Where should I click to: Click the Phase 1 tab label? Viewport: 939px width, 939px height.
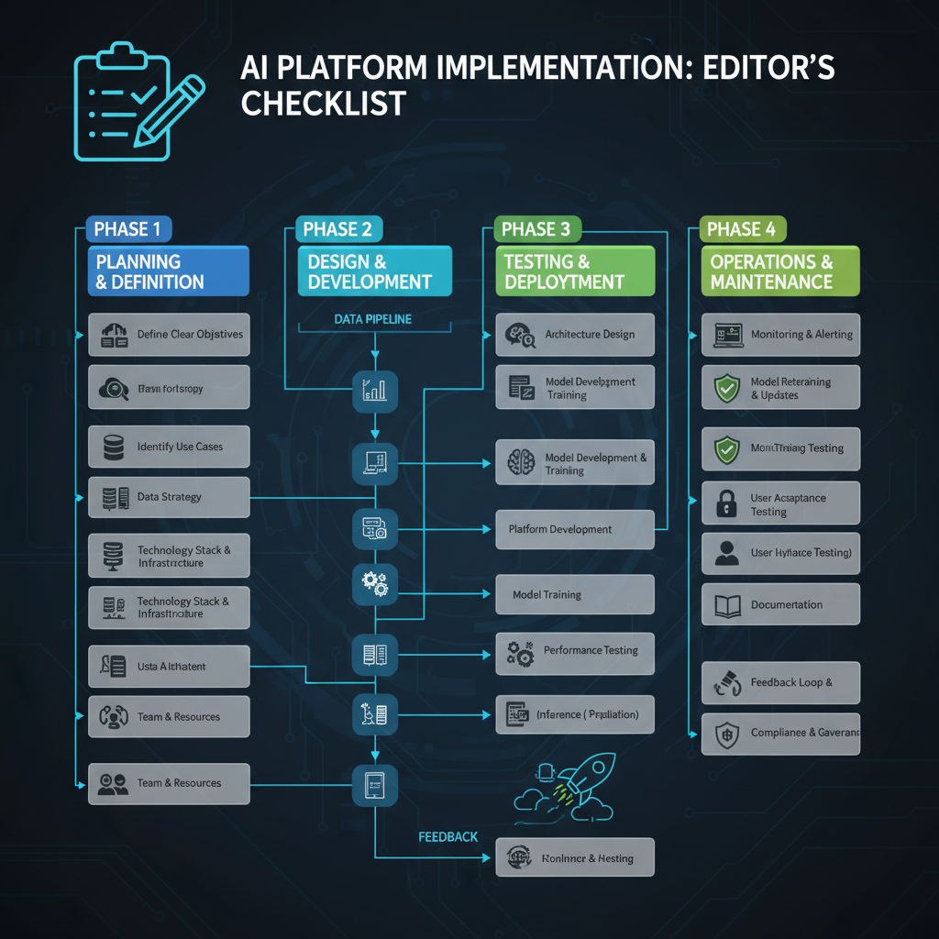pyautogui.click(x=127, y=229)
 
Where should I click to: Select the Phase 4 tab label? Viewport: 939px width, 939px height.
pyautogui.click(x=743, y=229)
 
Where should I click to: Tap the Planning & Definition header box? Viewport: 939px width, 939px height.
pyautogui.click(x=168, y=272)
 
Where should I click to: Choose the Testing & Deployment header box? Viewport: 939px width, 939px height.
pyautogui.click(x=575, y=272)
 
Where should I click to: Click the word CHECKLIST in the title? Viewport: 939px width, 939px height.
pyautogui.click(x=323, y=103)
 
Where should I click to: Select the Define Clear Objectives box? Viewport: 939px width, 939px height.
pyautogui.click(x=169, y=335)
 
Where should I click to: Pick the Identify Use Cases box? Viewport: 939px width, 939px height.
pyautogui.click(x=169, y=447)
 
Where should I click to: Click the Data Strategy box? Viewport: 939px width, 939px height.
pyautogui.click(x=169, y=497)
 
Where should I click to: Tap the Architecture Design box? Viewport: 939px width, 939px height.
pyautogui.click(x=575, y=335)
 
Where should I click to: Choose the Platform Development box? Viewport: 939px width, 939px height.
pyautogui.click(x=575, y=529)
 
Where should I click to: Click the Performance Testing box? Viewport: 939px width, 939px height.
pyautogui.click(x=575, y=651)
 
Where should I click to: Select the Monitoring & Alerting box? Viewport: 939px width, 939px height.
pyautogui.click(x=780, y=335)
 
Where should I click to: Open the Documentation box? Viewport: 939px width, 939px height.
pyautogui.click(x=780, y=604)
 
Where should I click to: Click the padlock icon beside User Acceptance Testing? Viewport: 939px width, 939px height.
pyautogui.click(x=726, y=503)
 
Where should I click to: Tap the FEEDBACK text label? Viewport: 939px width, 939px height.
pyautogui.click(x=447, y=837)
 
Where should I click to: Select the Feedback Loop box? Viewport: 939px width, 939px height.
pyautogui.click(x=780, y=683)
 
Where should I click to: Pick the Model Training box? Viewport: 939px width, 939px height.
pyautogui.click(x=575, y=595)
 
